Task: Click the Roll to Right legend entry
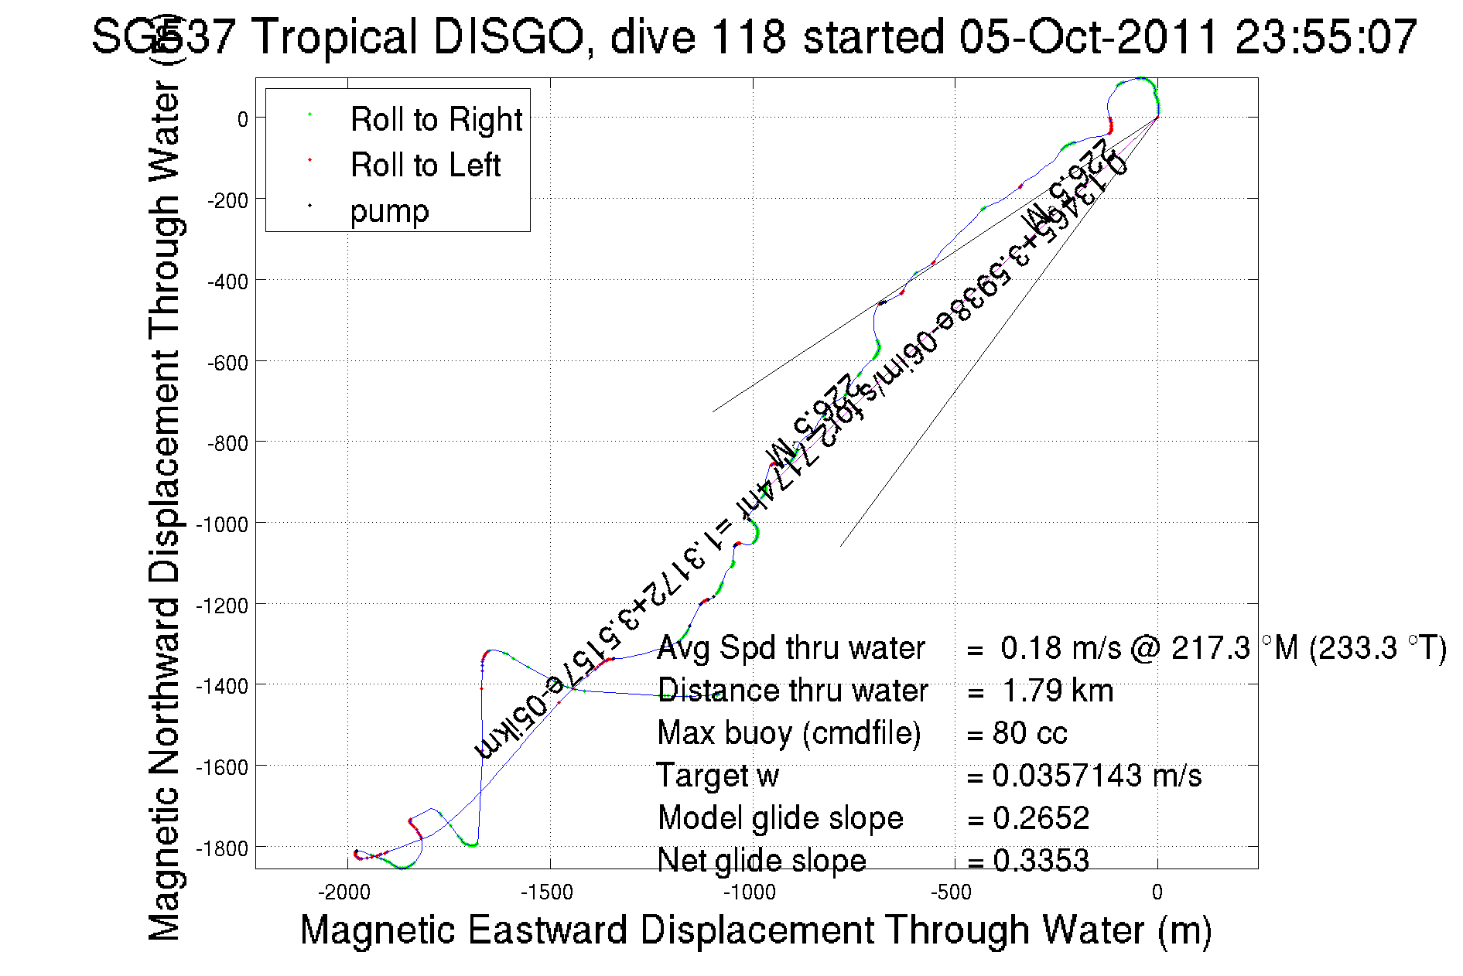point(436,120)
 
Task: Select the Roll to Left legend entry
point(425,166)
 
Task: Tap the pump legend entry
point(389,211)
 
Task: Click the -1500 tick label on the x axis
point(547,892)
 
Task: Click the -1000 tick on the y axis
point(222,524)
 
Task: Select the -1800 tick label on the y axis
point(222,848)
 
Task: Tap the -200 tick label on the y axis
point(227,200)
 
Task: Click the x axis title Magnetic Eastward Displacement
point(755,930)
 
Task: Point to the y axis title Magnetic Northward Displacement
point(165,510)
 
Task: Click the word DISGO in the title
point(508,37)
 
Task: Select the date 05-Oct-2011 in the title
point(1088,37)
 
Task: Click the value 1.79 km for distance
point(1058,691)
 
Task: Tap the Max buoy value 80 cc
point(1030,733)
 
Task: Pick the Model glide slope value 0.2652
point(1041,818)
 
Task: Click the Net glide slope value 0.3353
point(1041,861)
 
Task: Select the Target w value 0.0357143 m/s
point(1097,776)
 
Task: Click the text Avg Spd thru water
point(791,648)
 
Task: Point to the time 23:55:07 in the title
point(1326,37)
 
